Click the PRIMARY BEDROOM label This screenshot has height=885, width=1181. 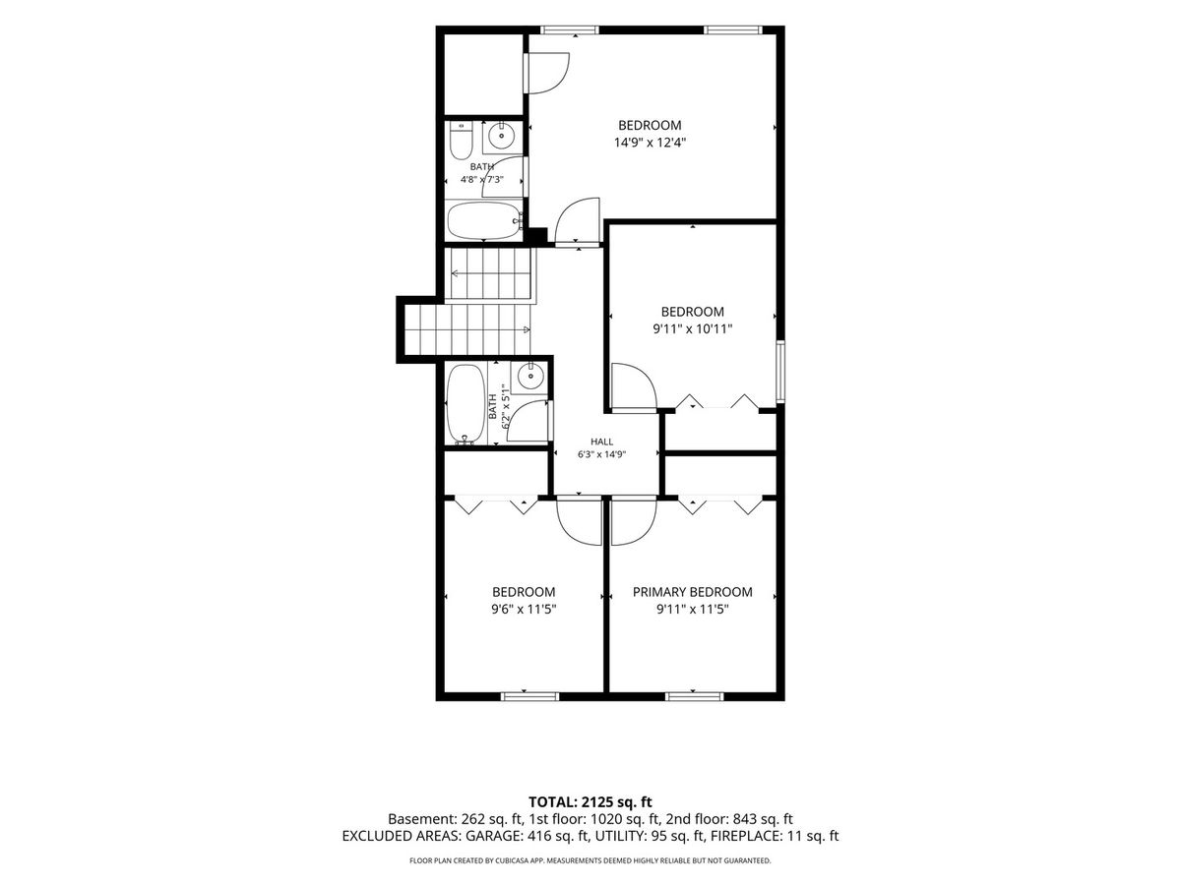(x=692, y=592)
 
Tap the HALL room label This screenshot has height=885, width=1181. (x=601, y=442)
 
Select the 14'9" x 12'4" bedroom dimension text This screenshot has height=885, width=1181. (x=650, y=143)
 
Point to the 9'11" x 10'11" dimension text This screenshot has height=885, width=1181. (x=693, y=328)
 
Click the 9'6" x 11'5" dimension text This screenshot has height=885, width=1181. (x=523, y=609)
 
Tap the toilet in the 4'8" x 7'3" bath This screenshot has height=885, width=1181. (x=461, y=141)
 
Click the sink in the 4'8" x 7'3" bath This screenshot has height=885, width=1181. (x=502, y=136)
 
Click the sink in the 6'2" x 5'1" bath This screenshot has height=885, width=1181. (x=529, y=377)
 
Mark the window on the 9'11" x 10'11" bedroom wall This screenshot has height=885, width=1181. (x=780, y=372)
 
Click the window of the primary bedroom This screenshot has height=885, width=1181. (x=694, y=696)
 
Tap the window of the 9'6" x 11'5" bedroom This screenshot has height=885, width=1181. (x=529, y=696)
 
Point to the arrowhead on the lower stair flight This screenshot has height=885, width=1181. (x=527, y=329)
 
